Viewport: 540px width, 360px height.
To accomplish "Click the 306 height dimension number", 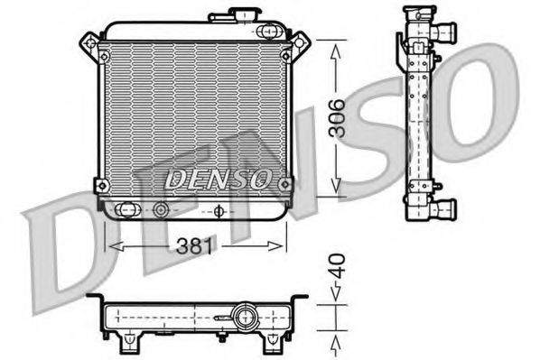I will (336, 117).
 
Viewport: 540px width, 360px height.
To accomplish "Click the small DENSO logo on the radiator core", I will (217, 178).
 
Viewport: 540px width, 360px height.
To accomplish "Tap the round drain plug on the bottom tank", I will (162, 210).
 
